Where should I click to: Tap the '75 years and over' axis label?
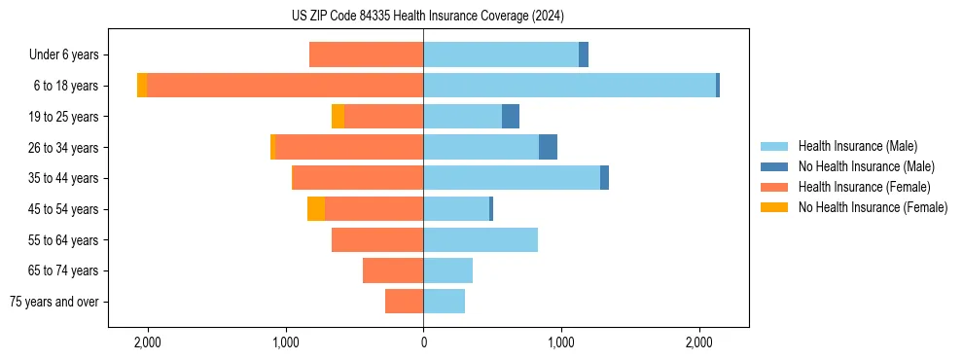[x=54, y=302]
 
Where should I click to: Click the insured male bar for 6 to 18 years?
[x=569, y=86]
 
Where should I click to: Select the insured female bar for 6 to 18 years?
[x=285, y=86]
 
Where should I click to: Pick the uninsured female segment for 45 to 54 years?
[x=316, y=209]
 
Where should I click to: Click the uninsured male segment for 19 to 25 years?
[x=511, y=117]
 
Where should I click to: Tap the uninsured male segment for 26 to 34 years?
[x=548, y=148]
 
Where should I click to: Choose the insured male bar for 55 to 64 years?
[x=481, y=240]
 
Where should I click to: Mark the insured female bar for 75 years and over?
[x=404, y=302]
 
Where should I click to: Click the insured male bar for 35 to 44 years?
[x=512, y=178]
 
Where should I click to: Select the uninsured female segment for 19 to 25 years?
[x=338, y=117]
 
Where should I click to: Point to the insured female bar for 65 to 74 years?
[x=393, y=270]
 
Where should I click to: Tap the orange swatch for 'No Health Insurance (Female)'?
[x=775, y=207]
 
